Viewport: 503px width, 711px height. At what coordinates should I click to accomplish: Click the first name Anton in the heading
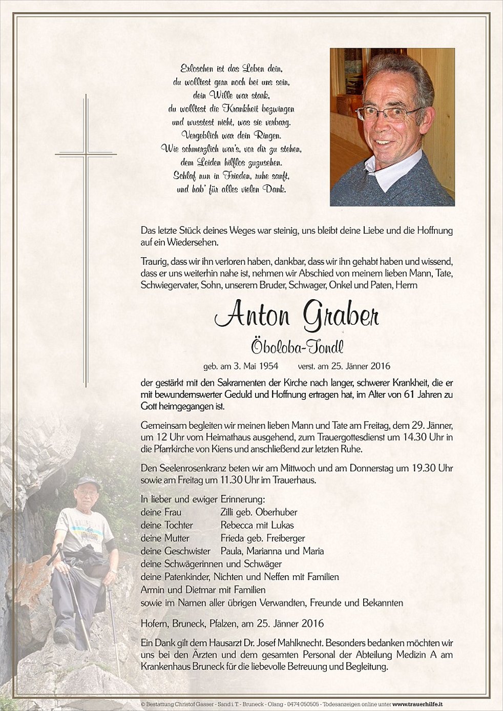pos(252,316)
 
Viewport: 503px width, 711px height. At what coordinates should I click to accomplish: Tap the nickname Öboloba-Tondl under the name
pos(297,347)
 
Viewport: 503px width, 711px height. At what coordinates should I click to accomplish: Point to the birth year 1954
pos(268,366)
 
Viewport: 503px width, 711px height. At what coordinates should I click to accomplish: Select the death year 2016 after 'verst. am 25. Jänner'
pos(380,366)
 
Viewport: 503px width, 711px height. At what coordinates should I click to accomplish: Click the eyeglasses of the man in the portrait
pos(389,113)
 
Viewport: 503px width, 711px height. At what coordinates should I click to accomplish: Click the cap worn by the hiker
pos(89,482)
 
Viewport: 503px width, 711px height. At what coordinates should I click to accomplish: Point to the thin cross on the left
pos(86,241)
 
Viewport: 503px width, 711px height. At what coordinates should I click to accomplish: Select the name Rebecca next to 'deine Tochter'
pos(238,525)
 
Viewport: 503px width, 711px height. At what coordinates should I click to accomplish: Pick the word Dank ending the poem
pos(275,190)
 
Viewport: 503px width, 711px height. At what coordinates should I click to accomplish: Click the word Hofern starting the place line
pos(154,623)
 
